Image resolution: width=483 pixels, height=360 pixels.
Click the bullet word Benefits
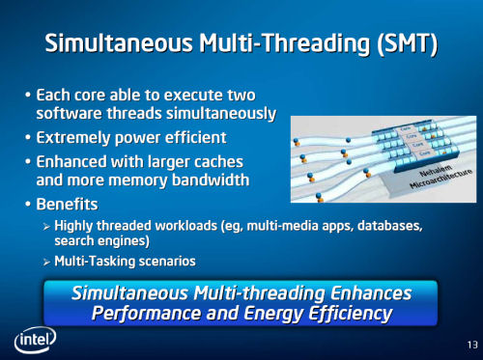pos(68,204)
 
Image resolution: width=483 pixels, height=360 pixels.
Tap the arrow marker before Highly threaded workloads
pos(45,226)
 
